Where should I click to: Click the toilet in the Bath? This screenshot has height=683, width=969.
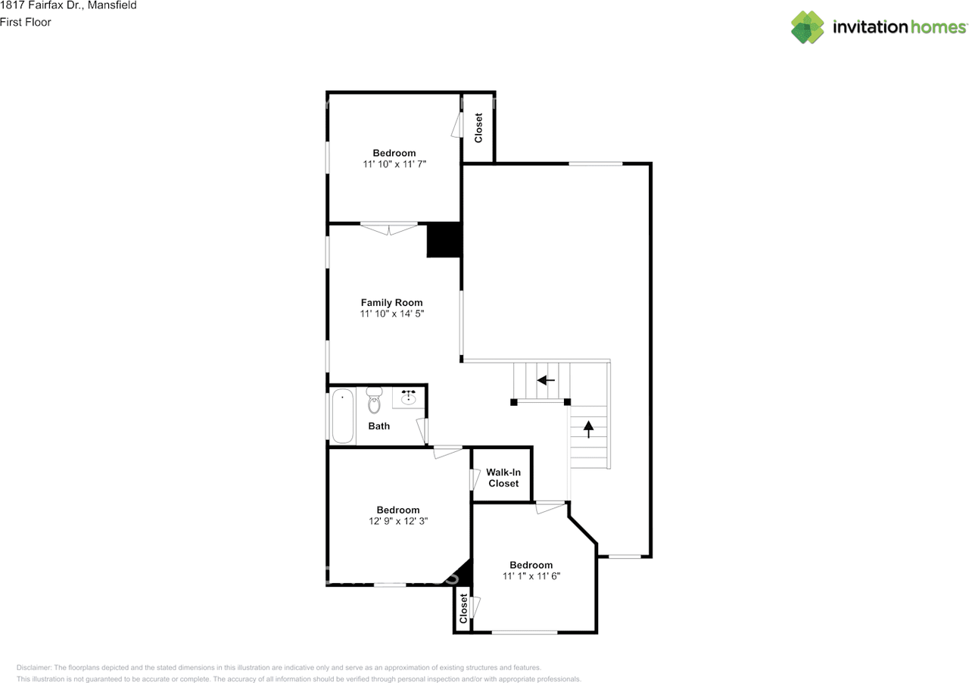(x=374, y=398)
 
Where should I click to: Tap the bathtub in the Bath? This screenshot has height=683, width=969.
(x=343, y=416)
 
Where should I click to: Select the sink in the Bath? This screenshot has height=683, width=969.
(x=409, y=397)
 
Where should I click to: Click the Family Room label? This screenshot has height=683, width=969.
(x=391, y=302)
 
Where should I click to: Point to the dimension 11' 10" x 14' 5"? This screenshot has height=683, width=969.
(x=391, y=313)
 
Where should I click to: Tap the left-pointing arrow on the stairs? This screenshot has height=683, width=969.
(x=546, y=380)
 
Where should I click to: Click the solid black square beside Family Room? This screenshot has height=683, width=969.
(x=444, y=240)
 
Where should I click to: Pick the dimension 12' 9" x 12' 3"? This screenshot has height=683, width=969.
(x=397, y=521)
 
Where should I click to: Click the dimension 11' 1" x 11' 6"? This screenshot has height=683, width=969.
(x=531, y=576)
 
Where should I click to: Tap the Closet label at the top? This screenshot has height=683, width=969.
(x=478, y=128)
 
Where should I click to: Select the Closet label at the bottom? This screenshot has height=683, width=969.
(x=463, y=608)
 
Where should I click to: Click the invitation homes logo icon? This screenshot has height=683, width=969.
(x=808, y=27)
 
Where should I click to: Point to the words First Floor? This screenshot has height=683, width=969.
(x=26, y=22)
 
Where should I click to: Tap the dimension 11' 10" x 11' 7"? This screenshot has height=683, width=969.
(x=394, y=164)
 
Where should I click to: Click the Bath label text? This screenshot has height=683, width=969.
(x=379, y=426)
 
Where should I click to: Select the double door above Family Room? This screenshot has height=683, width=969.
(x=389, y=227)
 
